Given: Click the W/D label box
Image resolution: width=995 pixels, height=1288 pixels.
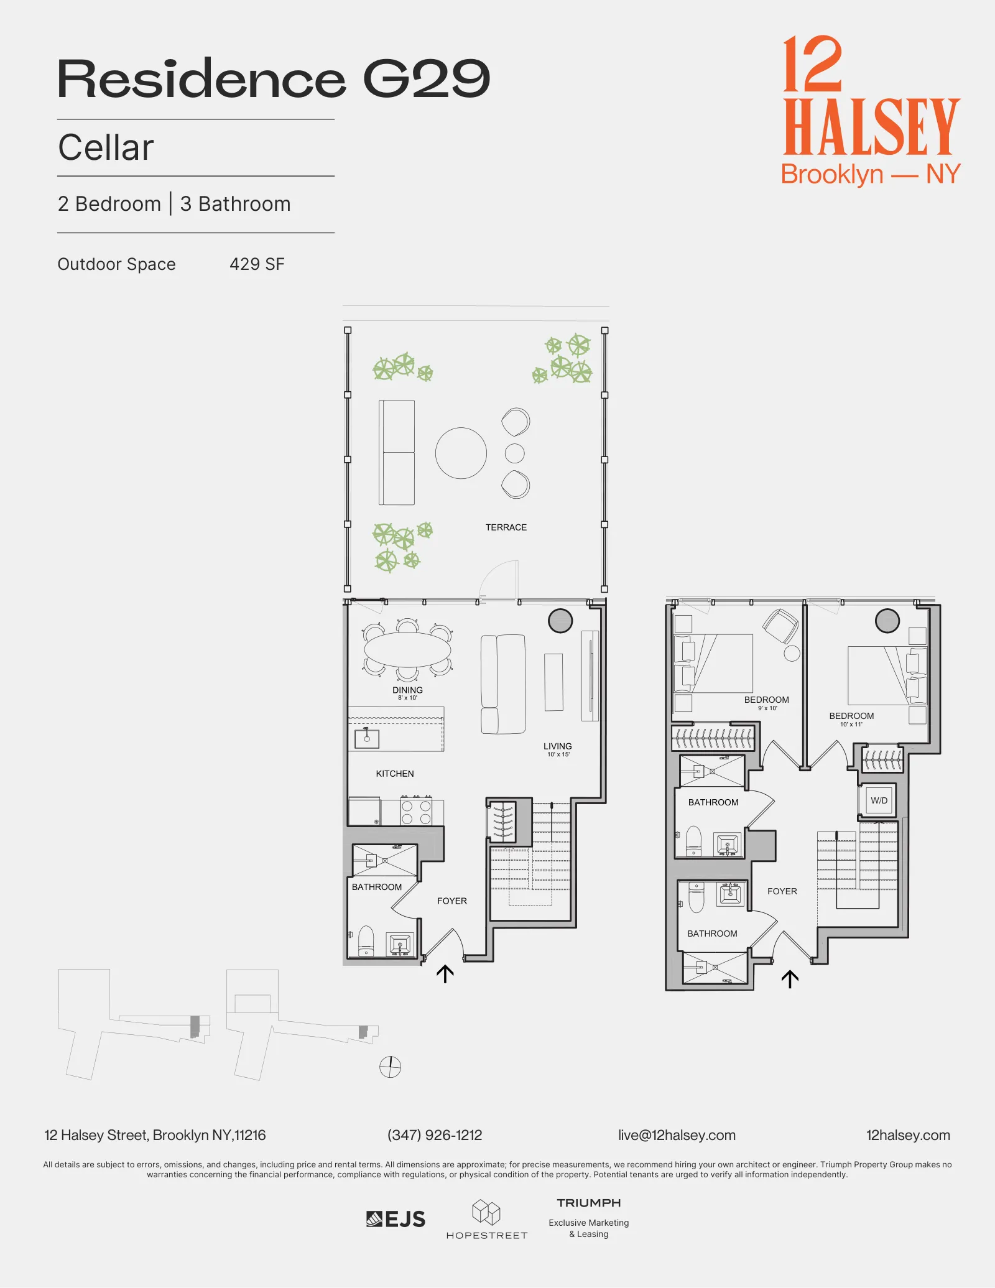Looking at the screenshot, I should (879, 800).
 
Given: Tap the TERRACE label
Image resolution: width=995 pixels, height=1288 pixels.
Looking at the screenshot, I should (506, 527).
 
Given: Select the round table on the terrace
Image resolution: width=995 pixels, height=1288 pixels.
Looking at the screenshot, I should (461, 453).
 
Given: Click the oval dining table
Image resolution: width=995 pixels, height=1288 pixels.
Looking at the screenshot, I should (407, 649).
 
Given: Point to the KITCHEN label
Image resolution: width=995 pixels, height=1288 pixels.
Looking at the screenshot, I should (394, 774).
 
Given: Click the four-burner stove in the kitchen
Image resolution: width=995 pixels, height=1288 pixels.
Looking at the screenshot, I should (416, 812).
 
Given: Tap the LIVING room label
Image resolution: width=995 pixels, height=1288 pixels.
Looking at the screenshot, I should (557, 746).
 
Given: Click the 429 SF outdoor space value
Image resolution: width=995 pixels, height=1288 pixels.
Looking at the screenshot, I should (257, 264).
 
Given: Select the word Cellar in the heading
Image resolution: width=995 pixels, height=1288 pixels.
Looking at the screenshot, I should (106, 147).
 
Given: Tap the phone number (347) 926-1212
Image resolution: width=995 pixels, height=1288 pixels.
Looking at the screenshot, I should (435, 1135).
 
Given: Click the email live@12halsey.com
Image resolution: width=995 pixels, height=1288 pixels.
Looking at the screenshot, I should (677, 1135).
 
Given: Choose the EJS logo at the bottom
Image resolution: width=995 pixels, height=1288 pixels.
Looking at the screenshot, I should (396, 1219).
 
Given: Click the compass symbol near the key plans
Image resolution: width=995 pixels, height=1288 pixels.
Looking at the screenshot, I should (390, 1067).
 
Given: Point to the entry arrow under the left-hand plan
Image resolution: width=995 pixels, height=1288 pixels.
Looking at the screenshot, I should (445, 973).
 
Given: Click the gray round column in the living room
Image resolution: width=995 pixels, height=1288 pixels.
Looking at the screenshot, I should (560, 621).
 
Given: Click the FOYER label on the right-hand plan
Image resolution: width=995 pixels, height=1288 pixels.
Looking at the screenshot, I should (782, 891).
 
